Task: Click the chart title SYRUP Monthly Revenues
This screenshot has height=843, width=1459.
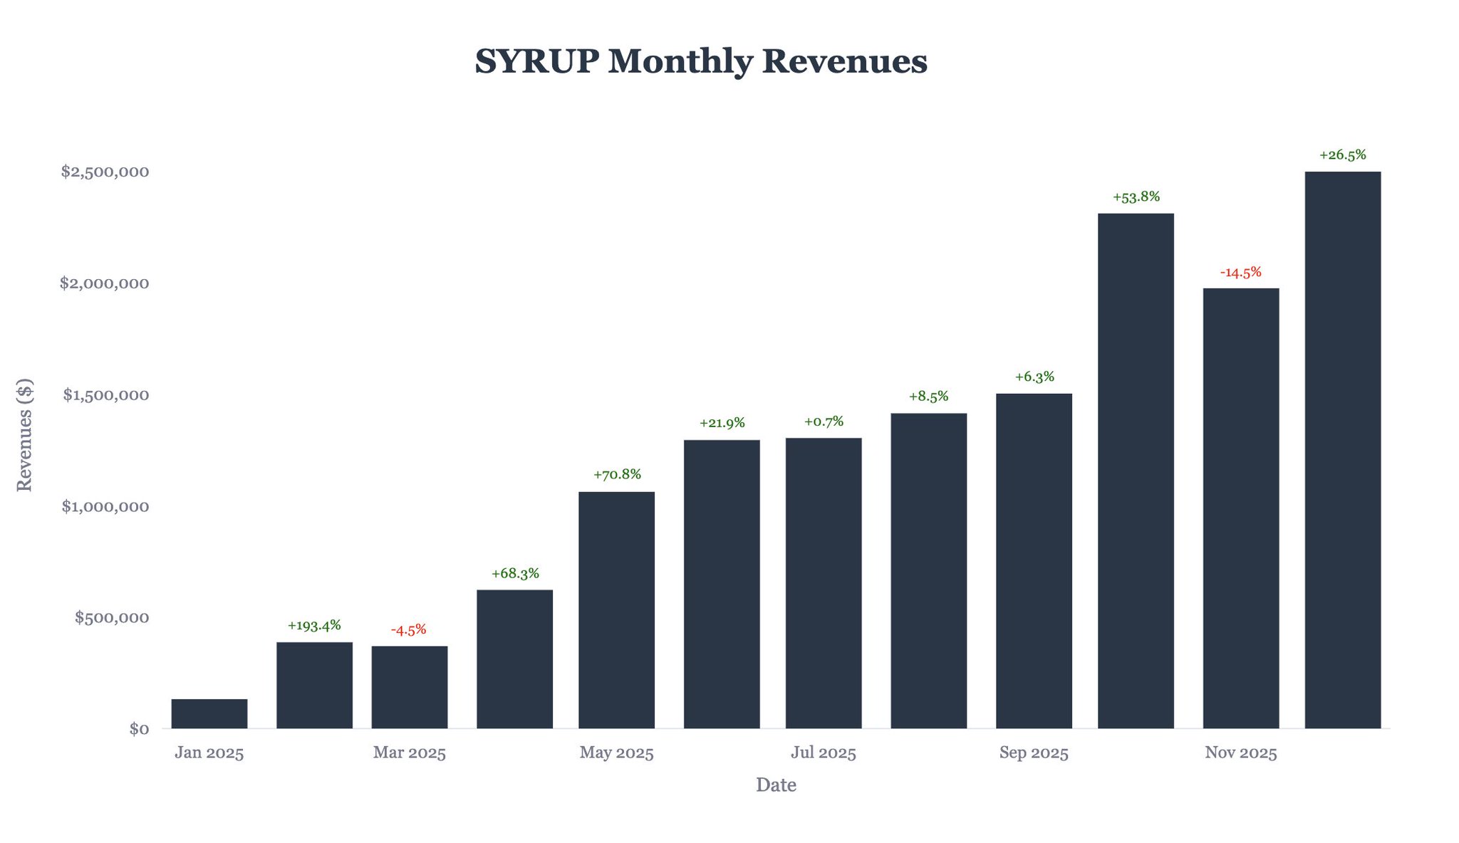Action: (701, 61)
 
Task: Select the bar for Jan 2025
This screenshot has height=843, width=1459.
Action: (209, 713)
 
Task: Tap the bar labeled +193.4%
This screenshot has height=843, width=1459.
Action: (314, 685)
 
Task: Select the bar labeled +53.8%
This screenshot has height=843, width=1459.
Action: (1136, 471)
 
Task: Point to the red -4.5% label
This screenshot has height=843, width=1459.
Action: (409, 629)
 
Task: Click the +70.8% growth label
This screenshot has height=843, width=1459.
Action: (617, 474)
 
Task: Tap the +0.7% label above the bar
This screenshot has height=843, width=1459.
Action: (824, 421)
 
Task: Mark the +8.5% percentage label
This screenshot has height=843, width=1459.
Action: (928, 397)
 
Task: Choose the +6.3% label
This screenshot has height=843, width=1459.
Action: (1034, 377)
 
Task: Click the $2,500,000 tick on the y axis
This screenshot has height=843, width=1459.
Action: (105, 172)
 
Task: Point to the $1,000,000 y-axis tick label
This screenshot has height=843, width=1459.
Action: (105, 506)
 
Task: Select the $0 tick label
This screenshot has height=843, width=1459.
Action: (139, 728)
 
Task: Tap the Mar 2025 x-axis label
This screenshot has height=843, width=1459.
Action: (409, 753)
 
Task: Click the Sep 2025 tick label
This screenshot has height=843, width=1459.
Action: (1034, 753)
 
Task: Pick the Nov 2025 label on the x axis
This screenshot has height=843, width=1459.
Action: (1240, 753)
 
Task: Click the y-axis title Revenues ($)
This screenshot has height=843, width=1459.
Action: (25, 434)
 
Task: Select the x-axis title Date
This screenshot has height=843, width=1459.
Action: (776, 785)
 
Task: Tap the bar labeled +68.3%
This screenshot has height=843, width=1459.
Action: (514, 659)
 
